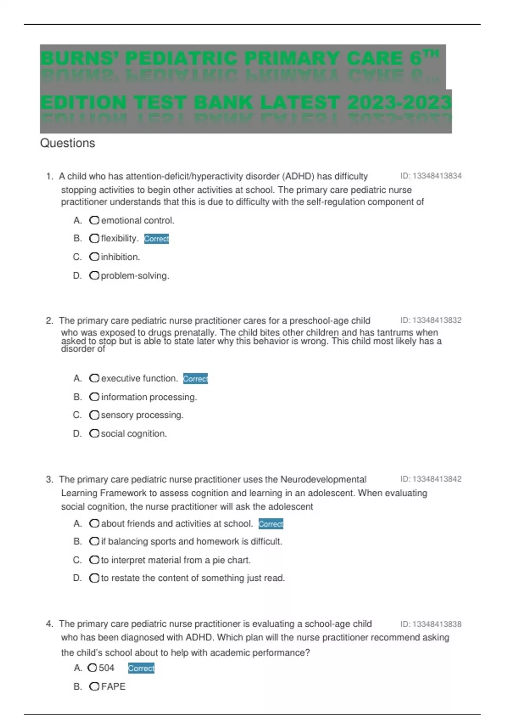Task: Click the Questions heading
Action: pos(67,143)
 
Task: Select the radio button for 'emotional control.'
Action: pos(94,220)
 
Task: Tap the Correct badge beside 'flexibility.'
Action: pos(157,239)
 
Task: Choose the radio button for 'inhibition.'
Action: pos(94,257)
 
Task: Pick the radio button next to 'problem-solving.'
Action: pos(94,275)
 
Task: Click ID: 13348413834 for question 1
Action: pos(431,176)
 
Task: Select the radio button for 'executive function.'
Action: pos(94,379)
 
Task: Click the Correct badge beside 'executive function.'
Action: pos(195,379)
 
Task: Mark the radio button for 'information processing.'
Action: pos(94,397)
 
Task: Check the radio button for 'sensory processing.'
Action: pos(94,415)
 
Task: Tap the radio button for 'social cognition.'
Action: pos(94,434)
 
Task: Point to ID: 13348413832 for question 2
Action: pos(431,320)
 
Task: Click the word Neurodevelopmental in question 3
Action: pos(323,479)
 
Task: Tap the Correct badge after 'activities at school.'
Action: pos(271,524)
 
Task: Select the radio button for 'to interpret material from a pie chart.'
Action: pos(94,560)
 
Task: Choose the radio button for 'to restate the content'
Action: pos(94,578)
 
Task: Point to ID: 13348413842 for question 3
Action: pos(431,479)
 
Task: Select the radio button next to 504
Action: pos(92,668)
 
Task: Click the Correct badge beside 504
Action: pos(141,668)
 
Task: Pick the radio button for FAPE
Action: pos(94,686)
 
